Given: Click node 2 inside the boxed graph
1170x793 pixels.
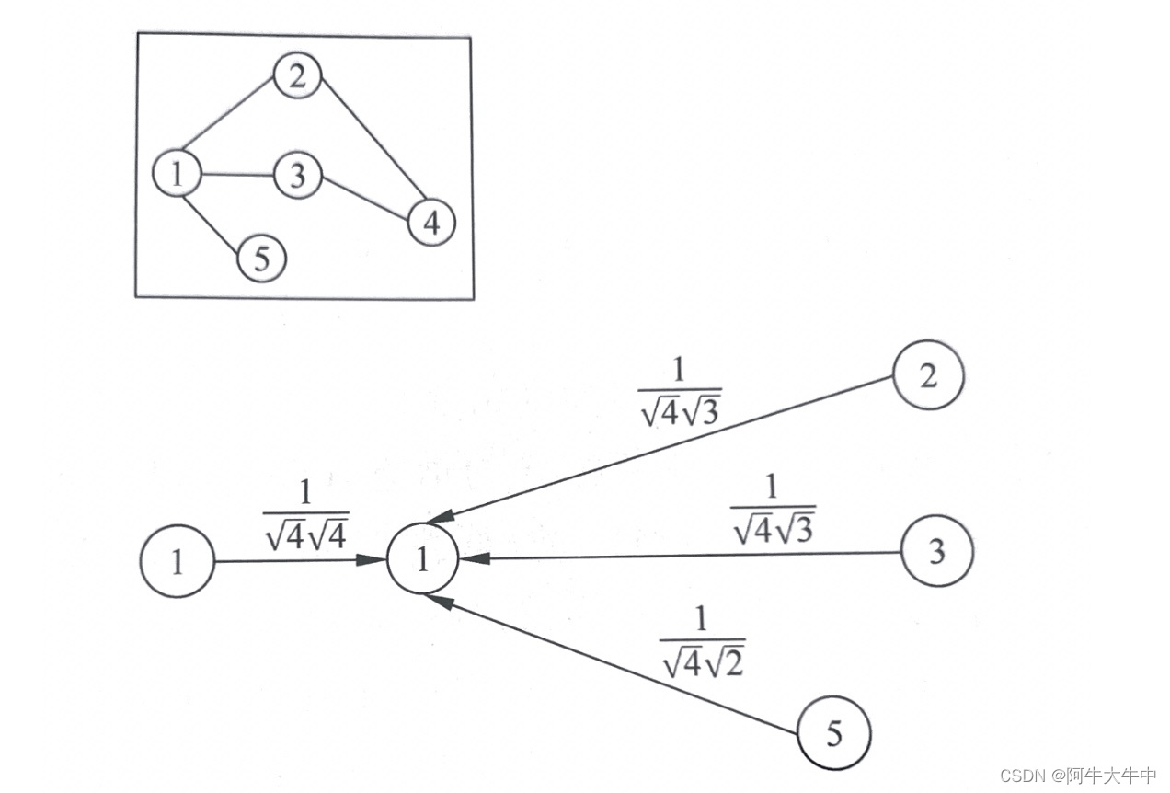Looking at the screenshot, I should [295, 77].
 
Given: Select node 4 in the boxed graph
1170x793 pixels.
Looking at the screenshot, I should [430, 222].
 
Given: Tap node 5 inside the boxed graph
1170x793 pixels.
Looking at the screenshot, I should [262, 259].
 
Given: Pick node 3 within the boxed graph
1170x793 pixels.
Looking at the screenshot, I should [296, 176].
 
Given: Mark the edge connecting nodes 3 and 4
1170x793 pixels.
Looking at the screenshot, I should [364, 199].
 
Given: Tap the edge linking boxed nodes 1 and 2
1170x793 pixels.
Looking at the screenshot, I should [230, 117].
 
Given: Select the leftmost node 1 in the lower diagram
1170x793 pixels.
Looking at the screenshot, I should [177, 561].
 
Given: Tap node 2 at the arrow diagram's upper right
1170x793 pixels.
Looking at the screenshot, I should [928, 376].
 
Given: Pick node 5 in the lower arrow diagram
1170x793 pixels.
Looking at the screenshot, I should [833, 733].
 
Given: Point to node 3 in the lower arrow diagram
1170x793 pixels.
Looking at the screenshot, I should [936, 551].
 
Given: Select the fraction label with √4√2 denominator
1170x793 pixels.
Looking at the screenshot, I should [701, 643].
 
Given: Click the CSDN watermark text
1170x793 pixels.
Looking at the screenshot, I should [1077, 775].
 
